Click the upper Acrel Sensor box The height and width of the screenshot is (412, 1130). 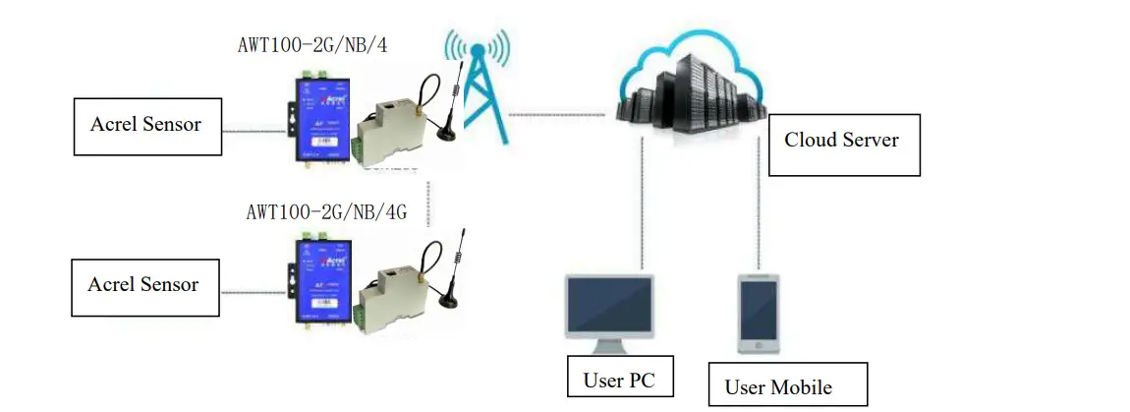(146, 126)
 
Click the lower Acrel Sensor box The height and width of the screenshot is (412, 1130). (143, 286)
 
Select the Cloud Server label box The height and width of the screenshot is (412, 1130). (843, 141)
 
